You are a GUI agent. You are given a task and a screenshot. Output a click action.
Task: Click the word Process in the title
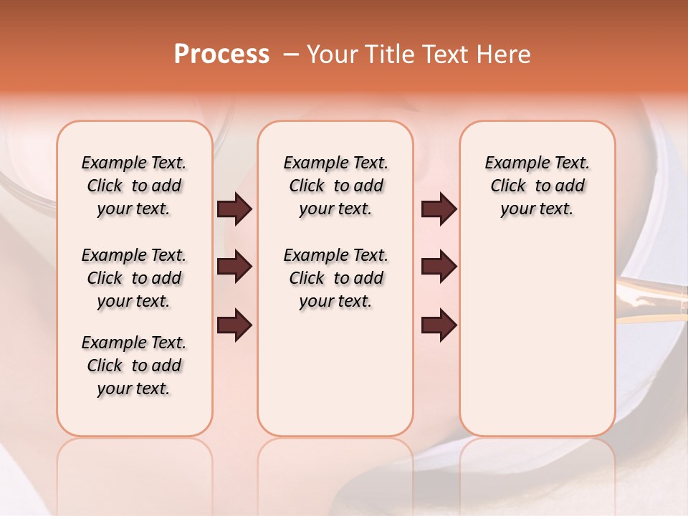pos(221,54)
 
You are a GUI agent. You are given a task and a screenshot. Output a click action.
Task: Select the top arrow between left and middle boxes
pos(234,209)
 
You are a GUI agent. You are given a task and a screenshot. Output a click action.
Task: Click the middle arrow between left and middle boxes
pos(234,267)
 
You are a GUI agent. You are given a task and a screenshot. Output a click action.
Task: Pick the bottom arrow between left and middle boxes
pos(234,325)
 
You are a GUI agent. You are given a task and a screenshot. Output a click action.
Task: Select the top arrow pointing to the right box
pos(439,209)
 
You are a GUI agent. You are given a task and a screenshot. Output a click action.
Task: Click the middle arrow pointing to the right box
pos(439,267)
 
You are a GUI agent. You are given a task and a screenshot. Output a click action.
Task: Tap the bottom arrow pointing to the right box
pos(439,325)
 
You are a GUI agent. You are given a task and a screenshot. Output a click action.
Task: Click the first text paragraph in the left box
pos(134,186)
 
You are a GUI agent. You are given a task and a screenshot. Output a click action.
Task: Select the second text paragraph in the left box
pos(134,278)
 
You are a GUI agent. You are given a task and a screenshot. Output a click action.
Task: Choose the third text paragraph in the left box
pos(134,365)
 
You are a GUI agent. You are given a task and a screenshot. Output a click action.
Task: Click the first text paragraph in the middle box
pos(335,186)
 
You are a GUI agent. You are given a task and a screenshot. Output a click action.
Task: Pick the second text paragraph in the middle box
pos(335,278)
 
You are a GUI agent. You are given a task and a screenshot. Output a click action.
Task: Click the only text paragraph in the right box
pos(537,186)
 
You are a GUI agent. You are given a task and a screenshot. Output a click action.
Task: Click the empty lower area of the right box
pos(537,344)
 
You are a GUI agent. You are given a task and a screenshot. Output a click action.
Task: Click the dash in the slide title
pos(291,54)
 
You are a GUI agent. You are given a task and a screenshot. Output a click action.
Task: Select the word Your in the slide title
pos(332,54)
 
